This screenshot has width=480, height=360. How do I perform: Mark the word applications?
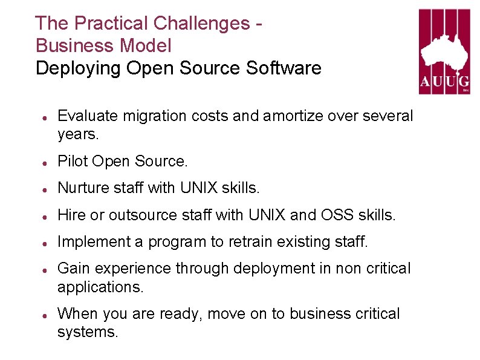[x=100, y=287]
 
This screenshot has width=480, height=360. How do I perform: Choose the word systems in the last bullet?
[x=87, y=332]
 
